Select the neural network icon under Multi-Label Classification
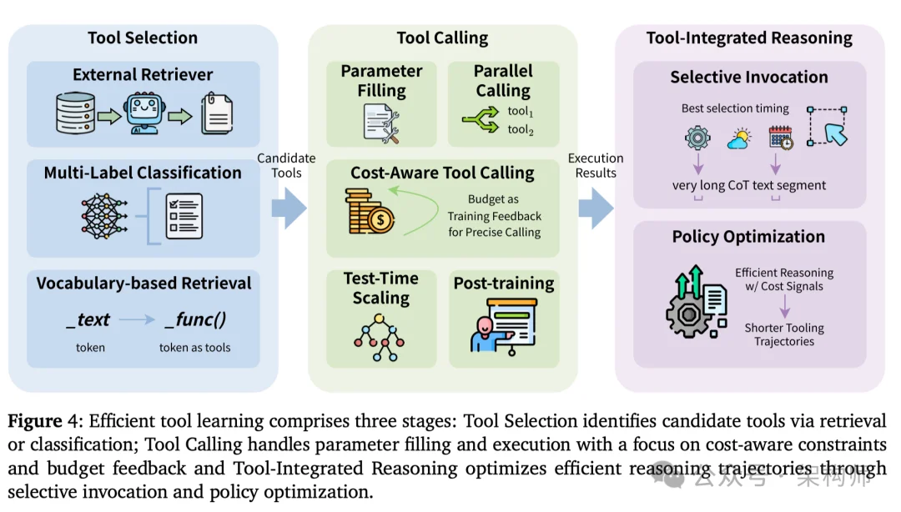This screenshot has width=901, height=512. coord(105,213)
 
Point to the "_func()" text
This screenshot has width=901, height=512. coord(194,320)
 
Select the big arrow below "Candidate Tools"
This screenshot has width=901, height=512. coord(289,208)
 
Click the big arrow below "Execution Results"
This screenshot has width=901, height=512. coord(596,208)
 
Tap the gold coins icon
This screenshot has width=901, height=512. coord(368,211)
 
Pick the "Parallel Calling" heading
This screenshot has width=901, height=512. coord(502,80)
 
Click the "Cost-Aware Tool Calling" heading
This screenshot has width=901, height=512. coord(442,173)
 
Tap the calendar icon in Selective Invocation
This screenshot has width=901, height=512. coord(781,138)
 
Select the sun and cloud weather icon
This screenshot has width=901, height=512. coord(738,139)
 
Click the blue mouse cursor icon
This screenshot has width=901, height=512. coord(833,133)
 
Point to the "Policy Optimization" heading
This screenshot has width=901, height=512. coord(748,237)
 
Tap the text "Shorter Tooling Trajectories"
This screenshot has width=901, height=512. coord(784,334)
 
